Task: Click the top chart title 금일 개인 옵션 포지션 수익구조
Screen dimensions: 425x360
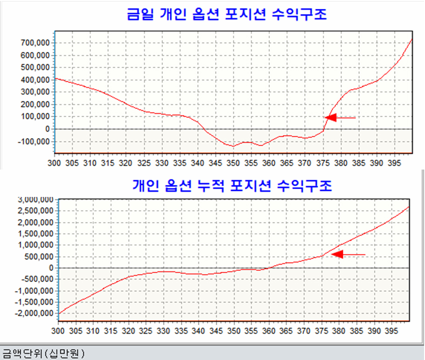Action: [227, 14]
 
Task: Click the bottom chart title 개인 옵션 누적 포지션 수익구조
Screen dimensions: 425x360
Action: [232, 186]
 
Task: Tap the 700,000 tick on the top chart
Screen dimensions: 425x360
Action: [35, 43]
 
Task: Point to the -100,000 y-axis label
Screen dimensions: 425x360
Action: [34, 141]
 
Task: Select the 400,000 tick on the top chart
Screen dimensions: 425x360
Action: [35, 80]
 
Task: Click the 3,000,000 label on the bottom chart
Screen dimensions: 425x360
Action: [35, 200]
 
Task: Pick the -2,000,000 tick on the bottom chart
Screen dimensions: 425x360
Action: [34, 313]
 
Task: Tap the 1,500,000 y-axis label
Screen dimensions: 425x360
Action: [35, 234]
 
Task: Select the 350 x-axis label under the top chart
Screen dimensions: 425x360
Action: [233, 163]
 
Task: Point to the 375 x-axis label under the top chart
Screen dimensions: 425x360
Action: [323, 163]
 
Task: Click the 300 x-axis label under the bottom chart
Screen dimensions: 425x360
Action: [58, 331]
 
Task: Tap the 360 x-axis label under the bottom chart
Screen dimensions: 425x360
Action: [269, 331]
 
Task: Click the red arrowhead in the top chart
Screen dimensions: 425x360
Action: [331, 118]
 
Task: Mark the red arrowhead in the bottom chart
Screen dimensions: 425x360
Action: [337, 254]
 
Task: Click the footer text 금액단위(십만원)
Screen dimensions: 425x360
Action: [43, 353]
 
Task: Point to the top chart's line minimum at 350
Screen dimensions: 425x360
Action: [233, 146]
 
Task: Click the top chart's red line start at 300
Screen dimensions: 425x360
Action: [56, 78]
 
